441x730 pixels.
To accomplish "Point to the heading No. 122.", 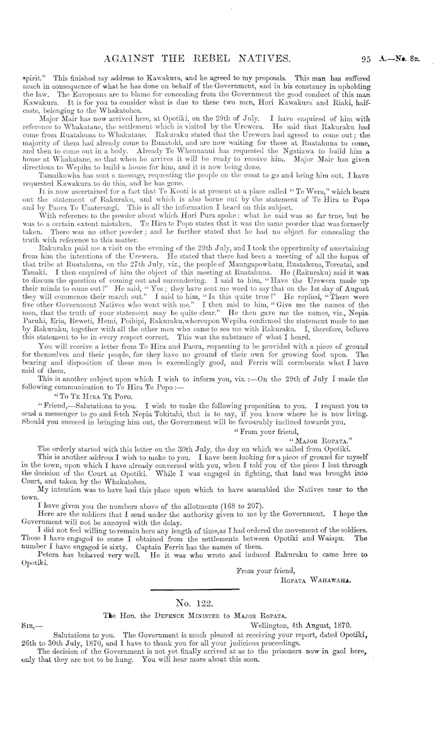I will [220, 602].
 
